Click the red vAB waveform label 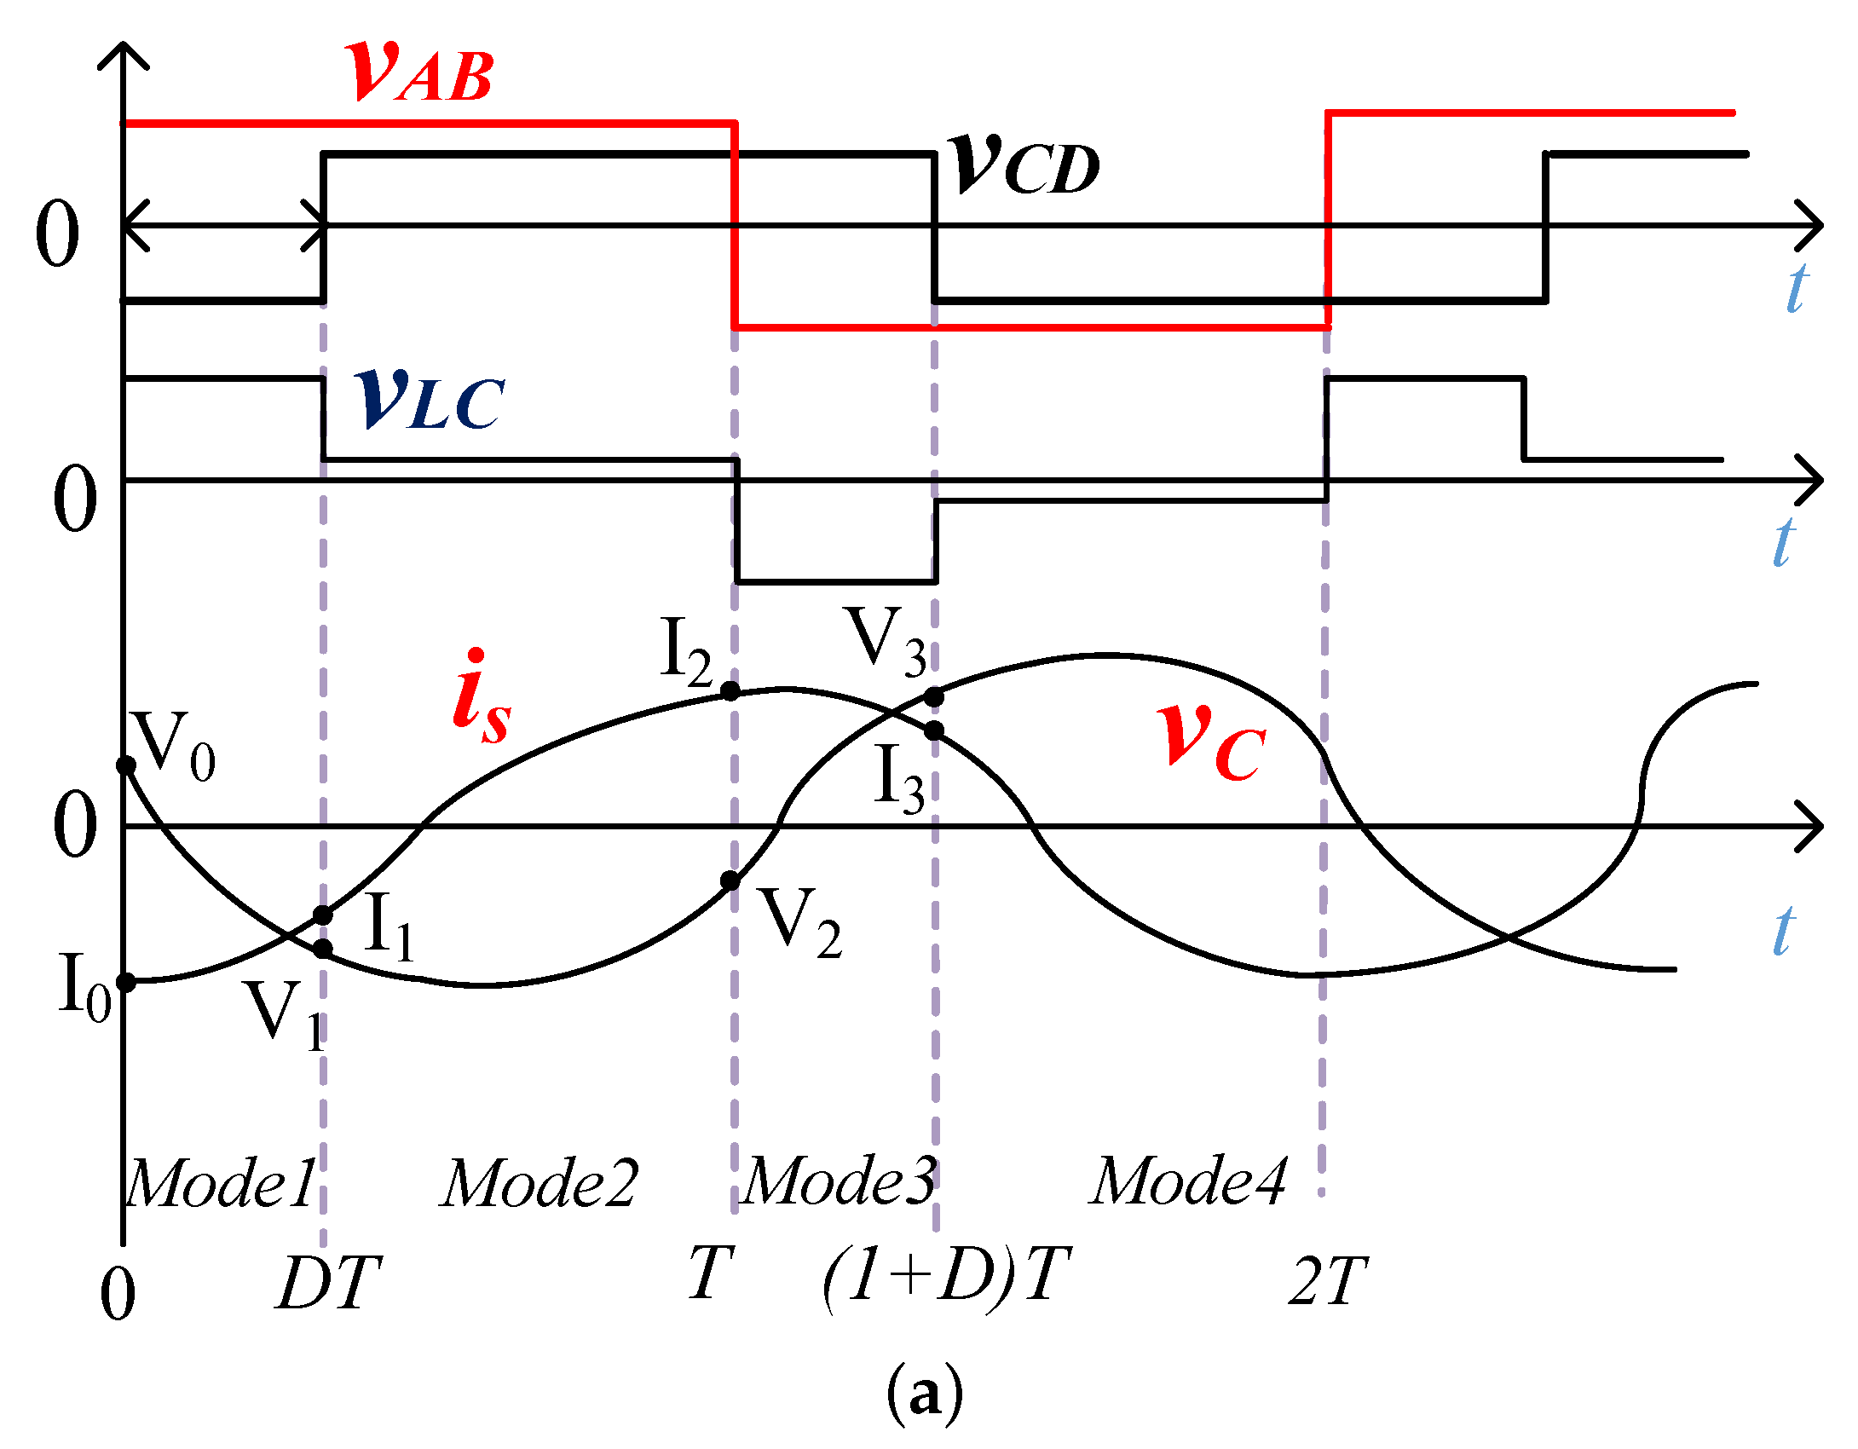tap(420, 72)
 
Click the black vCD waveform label tap(1025, 164)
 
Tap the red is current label tap(482, 696)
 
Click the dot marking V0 tap(126, 765)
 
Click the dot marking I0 tap(126, 983)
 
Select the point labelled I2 tap(730, 690)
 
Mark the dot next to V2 tap(730, 880)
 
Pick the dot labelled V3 tap(934, 697)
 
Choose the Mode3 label tap(840, 1181)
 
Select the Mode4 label tap(1189, 1181)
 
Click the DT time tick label tap(329, 1284)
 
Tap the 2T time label tap(1327, 1282)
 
